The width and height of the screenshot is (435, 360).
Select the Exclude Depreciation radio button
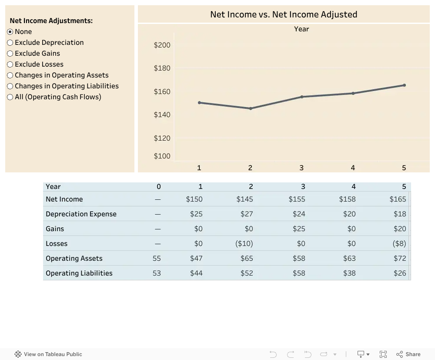tap(10, 43)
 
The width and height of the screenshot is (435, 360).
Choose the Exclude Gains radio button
tap(10, 53)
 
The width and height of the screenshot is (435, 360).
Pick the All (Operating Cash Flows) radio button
tap(10, 97)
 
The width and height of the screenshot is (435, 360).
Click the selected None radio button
tap(10, 32)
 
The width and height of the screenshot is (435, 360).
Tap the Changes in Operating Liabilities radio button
tap(10, 86)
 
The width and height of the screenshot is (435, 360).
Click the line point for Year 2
tap(251, 108)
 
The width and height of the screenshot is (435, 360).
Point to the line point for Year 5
tap(404, 85)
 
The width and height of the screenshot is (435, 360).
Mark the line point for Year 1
tap(199, 103)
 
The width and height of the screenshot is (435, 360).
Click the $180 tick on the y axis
tap(162, 68)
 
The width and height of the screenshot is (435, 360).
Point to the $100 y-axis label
tap(162, 156)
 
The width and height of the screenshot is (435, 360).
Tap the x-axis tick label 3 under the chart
tap(301, 168)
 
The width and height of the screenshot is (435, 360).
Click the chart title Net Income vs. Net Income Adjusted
tap(284, 14)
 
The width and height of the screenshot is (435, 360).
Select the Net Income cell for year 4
tap(347, 199)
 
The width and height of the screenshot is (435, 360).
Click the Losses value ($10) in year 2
tap(244, 243)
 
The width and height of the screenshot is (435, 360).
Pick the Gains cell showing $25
tap(299, 229)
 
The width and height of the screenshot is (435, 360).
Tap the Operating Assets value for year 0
tap(157, 259)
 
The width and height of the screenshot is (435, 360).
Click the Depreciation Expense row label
tap(81, 214)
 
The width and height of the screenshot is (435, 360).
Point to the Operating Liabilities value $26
tap(400, 273)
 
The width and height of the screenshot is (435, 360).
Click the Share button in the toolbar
tap(408, 354)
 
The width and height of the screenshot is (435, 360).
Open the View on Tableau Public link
tap(48, 354)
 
